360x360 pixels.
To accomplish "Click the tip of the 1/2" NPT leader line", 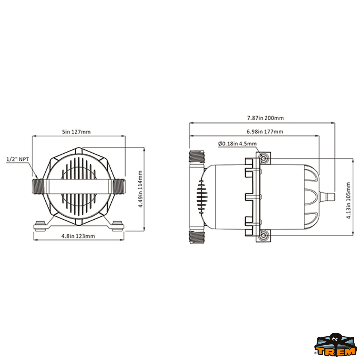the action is click(x=38, y=178).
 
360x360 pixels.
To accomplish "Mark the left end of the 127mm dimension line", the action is click(x=32, y=136).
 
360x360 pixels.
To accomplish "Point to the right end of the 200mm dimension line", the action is click(x=335, y=123).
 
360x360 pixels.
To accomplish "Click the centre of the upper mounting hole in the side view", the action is click(x=264, y=158).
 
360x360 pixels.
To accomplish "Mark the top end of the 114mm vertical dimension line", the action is click(x=144, y=147).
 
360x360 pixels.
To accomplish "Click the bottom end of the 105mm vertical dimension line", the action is click(x=352, y=235).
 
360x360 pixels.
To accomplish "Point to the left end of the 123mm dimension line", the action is click(x=34, y=239).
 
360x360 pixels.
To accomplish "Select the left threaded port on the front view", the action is click(x=38, y=187).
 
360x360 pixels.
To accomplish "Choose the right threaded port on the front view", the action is click(x=119, y=187).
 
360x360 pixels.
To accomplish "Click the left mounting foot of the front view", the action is click(x=40, y=226).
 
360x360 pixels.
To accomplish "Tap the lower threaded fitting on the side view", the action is click(x=197, y=237).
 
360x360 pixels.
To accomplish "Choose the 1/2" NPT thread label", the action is click(x=18, y=159).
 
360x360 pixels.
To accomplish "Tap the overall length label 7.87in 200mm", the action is click(x=265, y=118).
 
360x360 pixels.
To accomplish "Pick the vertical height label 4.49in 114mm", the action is click(x=140, y=189).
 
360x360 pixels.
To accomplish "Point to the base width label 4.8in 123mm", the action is click(x=78, y=236).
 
